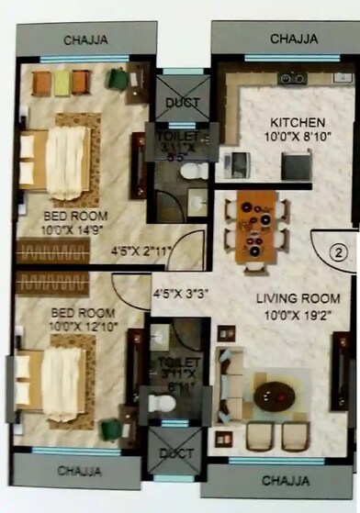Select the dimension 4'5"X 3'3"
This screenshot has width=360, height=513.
[180, 295]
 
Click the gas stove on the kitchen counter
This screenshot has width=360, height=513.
[292, 79]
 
